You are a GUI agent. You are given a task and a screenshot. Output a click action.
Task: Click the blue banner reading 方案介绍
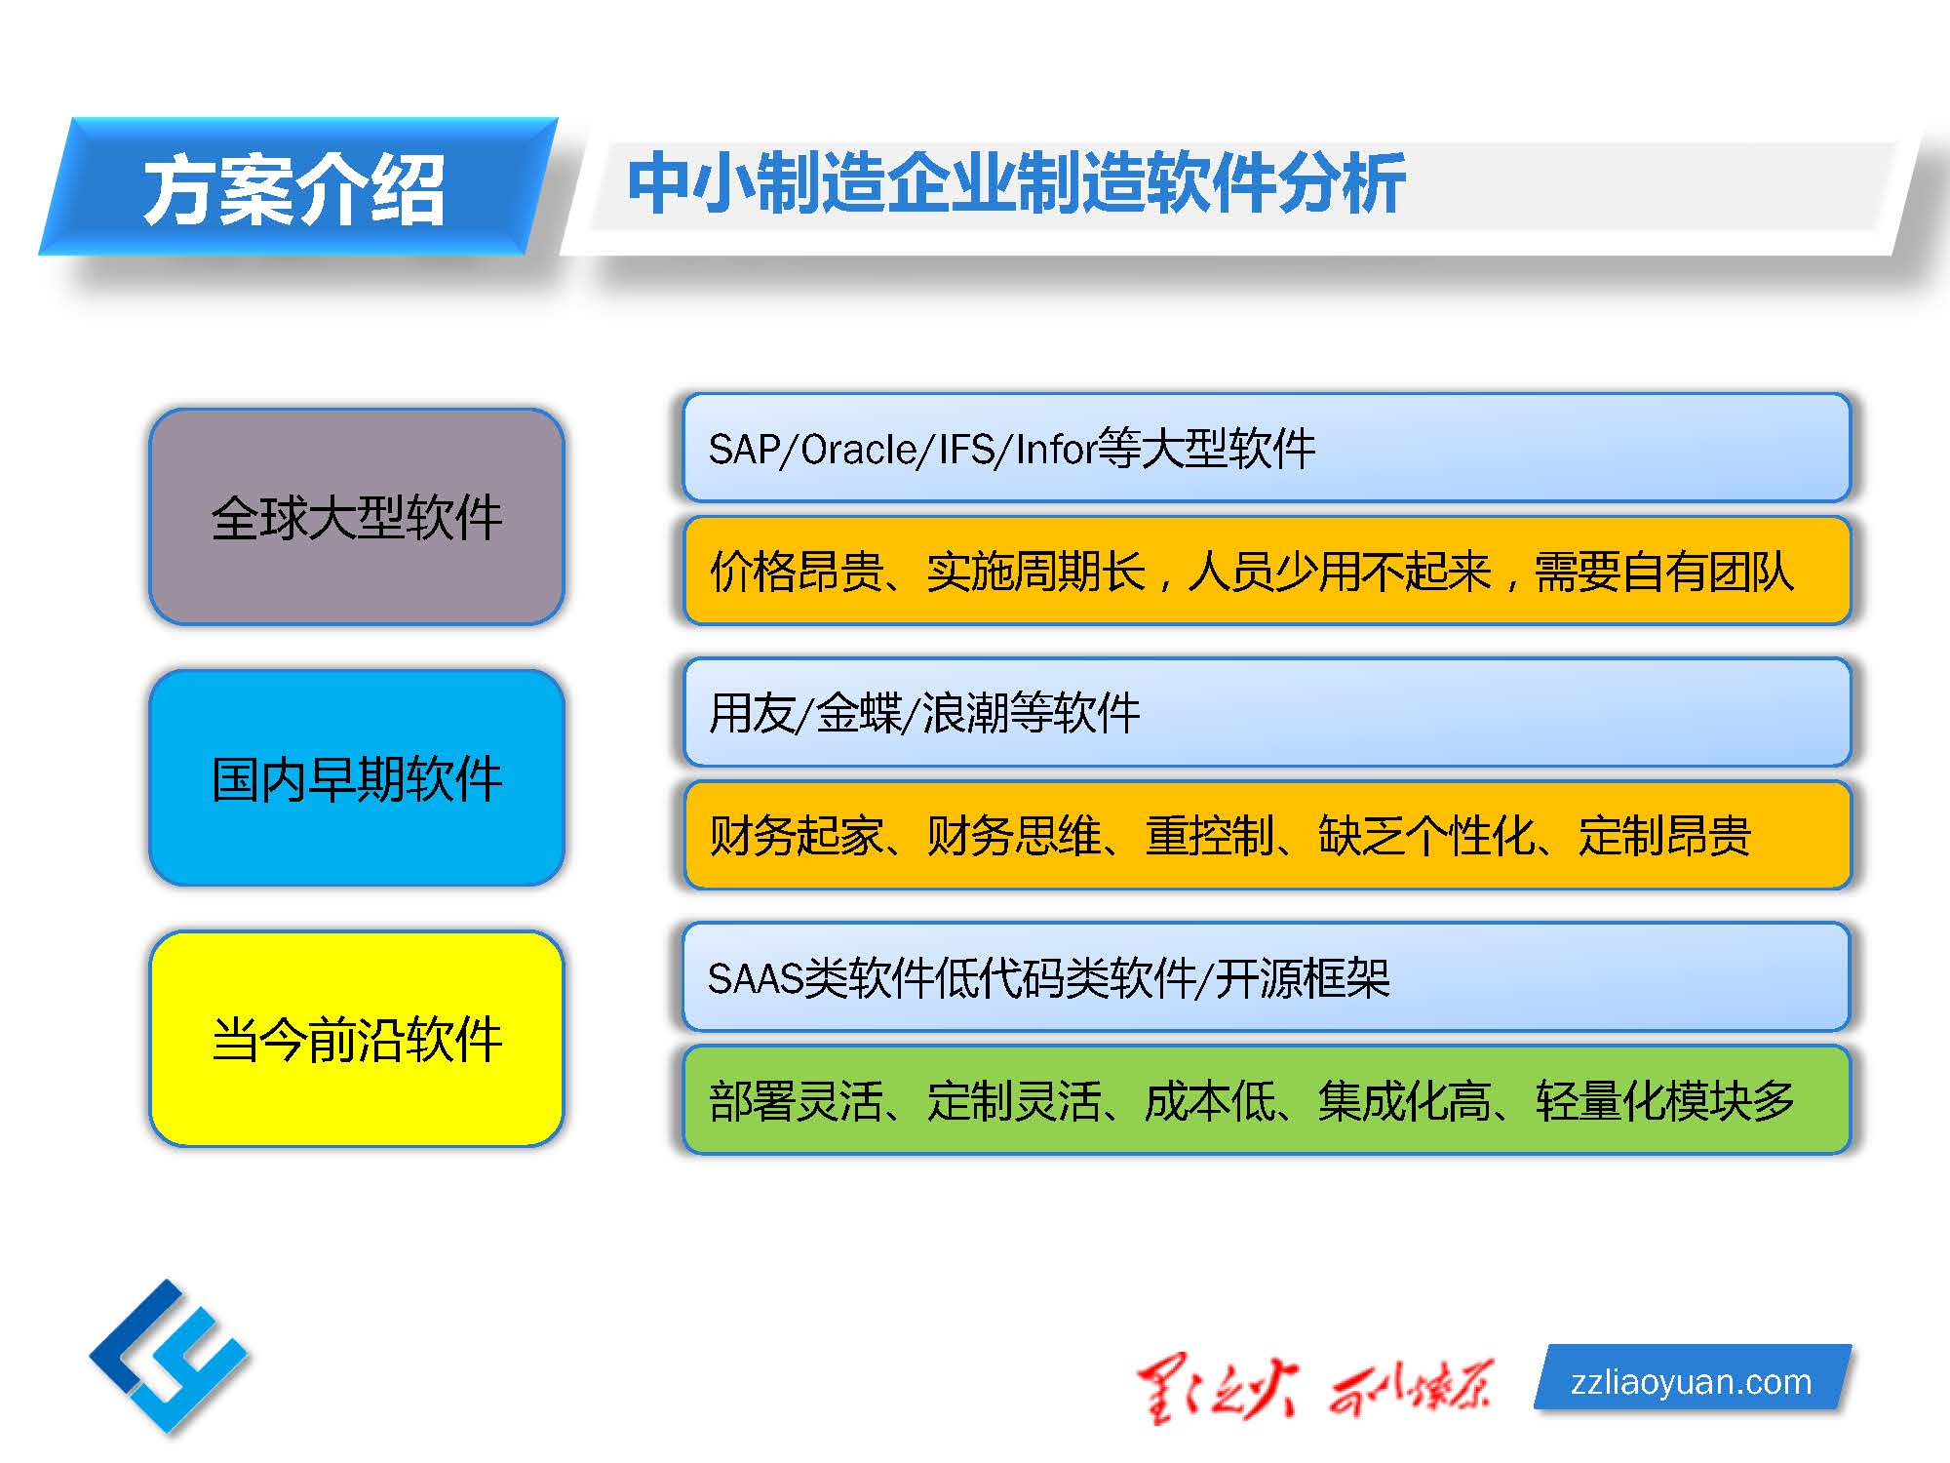coord(298,186)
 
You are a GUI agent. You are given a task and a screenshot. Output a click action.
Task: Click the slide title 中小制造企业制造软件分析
coord(1016,182)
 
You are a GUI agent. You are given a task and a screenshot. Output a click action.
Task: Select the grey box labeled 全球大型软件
coord(357,517)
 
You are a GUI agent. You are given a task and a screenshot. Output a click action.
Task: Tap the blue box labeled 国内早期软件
coord(357,778)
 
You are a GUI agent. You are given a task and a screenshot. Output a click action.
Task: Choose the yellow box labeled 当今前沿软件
coord(357,1039)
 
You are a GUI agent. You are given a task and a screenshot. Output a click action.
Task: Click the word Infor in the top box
coord(1056,450)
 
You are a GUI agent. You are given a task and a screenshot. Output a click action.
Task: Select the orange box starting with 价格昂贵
coord(1267,571)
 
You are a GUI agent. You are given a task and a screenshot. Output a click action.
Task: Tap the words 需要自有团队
coord(1664,572)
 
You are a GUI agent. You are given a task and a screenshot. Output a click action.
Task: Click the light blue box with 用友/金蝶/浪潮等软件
coord(1267,712)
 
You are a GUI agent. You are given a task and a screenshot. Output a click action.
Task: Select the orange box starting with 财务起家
coord(1267,835)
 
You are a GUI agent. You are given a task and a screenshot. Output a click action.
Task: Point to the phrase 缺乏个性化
coord(1426,836)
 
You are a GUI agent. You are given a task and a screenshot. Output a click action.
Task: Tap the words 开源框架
coord(1303,978)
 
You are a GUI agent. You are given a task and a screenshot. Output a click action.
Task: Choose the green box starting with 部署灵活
coord(1267,1100)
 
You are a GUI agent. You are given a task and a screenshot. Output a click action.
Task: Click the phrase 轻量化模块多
coord(1665,1101)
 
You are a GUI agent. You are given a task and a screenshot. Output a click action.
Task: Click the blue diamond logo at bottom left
coord(169,1357)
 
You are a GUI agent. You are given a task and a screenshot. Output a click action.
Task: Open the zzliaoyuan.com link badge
coord(1693,1380)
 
